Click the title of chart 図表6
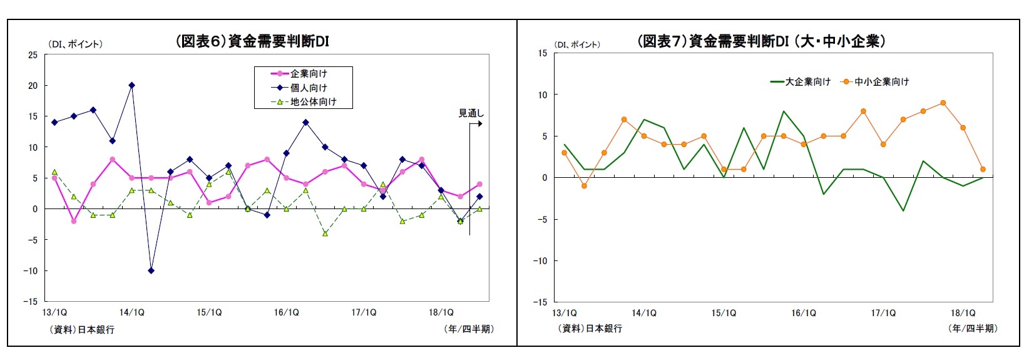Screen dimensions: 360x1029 coord(252,41)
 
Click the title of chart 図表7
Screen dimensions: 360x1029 coord(761,41)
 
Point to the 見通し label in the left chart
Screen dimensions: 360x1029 coord(471,113)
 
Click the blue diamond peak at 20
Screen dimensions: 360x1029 coord(131,85)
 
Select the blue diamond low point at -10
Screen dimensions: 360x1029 coord(151,270)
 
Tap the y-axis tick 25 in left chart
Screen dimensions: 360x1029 coord(33,55)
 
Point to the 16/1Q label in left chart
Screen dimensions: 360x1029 coord(286,312)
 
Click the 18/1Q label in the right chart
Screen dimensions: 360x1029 coord(963,313)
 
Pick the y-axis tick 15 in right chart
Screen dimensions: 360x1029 coord(542,53)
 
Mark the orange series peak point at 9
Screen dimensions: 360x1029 coord(943,103)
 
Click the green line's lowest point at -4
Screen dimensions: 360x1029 coord(903,210)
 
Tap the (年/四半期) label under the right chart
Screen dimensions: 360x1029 coord(973,328)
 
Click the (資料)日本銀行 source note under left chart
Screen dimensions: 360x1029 coord(82,329)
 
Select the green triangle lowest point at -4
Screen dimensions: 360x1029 coord(325,234)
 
